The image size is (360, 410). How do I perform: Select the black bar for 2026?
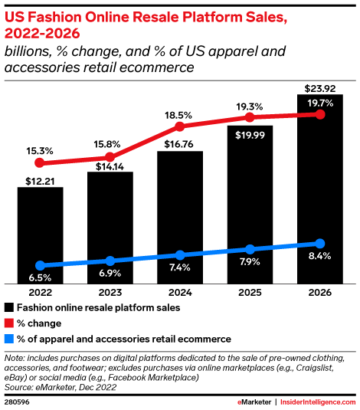[x=320, y=192]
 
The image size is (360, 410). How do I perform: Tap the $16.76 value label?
[x=180, y=143]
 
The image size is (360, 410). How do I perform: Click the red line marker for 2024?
[x=180, y=126]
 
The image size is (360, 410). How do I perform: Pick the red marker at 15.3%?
[x=41, y=162]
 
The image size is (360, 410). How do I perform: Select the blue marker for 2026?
[x=320, y=243]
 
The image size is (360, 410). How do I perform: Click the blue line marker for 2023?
[x=110, y=261]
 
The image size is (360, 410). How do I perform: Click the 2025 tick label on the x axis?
[x=250, y=292]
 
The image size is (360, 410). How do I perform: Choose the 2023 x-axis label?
[x=110, y=292]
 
